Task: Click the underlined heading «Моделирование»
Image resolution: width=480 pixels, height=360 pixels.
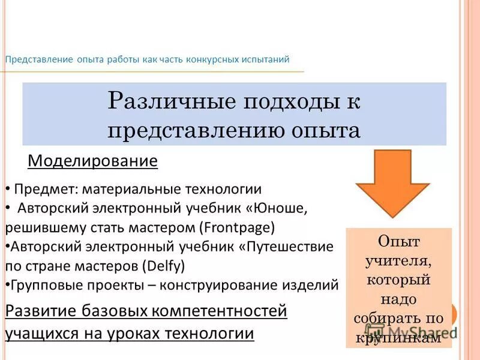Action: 93,161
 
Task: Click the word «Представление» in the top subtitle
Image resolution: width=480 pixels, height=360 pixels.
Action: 39,59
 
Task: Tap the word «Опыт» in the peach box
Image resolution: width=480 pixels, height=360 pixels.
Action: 398,241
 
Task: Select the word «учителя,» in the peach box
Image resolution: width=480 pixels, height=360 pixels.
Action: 398,260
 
